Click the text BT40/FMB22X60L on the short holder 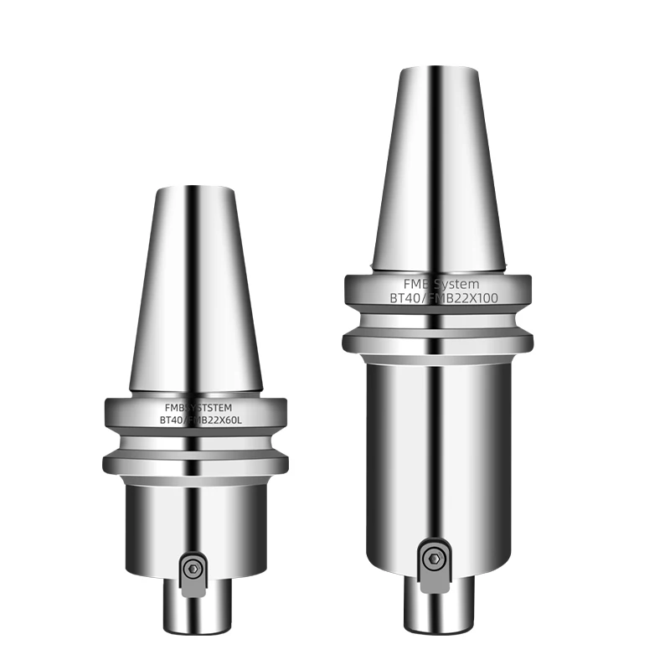coord(196,420)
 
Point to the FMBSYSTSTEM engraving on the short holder coord(196,408)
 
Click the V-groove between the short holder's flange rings coord(195,444)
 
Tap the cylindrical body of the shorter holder coord(195,511)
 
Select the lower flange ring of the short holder coord(195,463)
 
